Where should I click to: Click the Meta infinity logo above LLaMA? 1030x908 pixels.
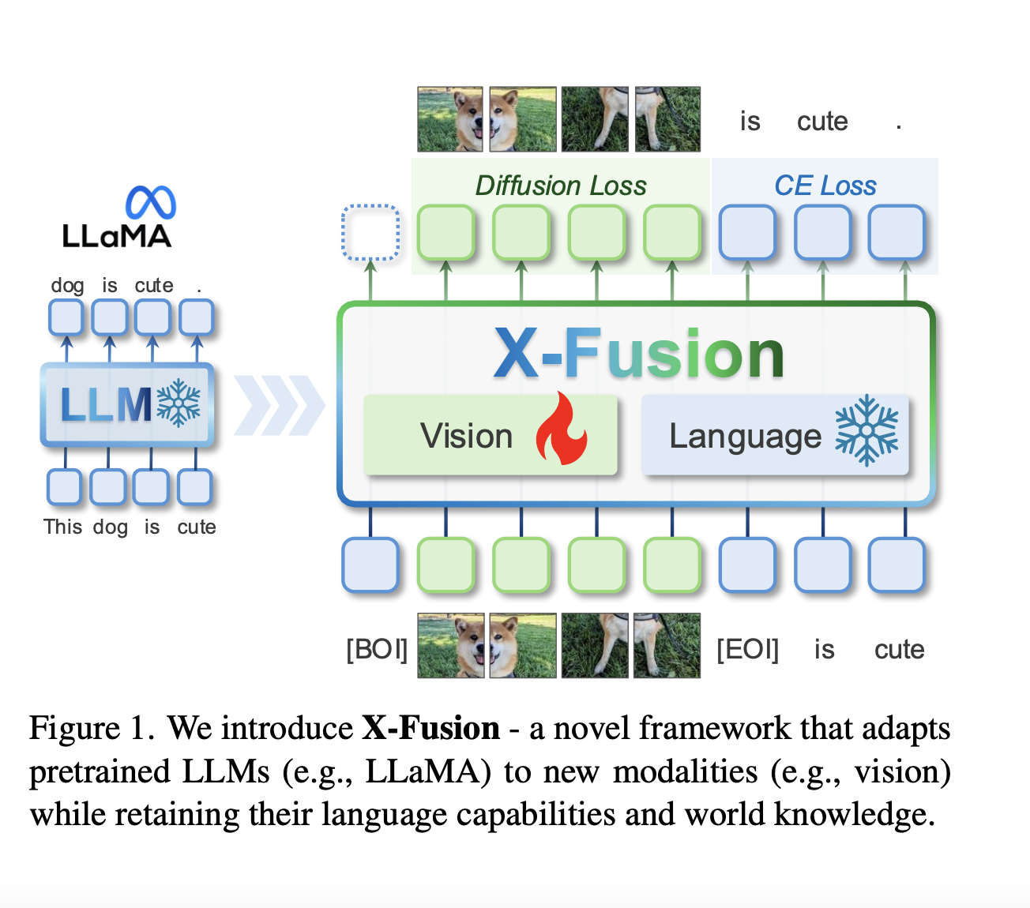151,203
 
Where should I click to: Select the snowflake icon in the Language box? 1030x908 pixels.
866,430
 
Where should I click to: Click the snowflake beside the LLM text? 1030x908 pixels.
179,403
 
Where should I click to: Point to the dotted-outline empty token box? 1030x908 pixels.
370,232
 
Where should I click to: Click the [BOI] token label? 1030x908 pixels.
377,649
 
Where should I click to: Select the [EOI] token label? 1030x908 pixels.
747,649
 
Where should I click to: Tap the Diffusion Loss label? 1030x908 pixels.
561,186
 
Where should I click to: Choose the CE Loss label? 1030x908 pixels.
825,186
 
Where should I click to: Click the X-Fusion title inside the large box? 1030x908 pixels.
639,355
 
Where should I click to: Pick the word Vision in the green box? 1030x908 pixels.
466,436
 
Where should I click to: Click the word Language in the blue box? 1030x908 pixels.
745,437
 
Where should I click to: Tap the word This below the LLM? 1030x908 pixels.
62,527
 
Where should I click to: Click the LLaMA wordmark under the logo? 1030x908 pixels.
117,236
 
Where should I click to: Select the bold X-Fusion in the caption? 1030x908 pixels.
430,728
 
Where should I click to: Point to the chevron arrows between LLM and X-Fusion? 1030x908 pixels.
279,405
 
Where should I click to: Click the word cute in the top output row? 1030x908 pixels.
822,122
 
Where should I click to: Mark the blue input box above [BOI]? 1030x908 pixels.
370,565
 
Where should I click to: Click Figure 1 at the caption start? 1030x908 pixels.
91,728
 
